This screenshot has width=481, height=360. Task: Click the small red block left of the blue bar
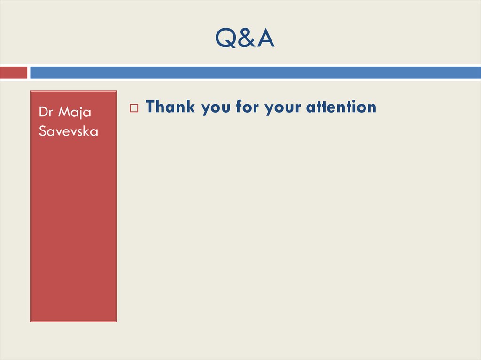[13, 73]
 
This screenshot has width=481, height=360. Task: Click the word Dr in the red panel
[45, 112]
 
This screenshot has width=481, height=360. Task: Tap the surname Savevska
[68, 131]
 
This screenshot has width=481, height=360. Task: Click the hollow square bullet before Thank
[133, 108]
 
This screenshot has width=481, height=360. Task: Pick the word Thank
[170, 107]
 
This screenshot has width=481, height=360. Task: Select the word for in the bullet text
[247, 107]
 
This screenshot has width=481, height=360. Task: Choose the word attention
[341, 107]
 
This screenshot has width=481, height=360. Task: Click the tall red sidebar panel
[73, 225]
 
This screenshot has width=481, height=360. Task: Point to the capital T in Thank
[150, 107]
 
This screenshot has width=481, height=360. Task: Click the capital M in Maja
[62, 112]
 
